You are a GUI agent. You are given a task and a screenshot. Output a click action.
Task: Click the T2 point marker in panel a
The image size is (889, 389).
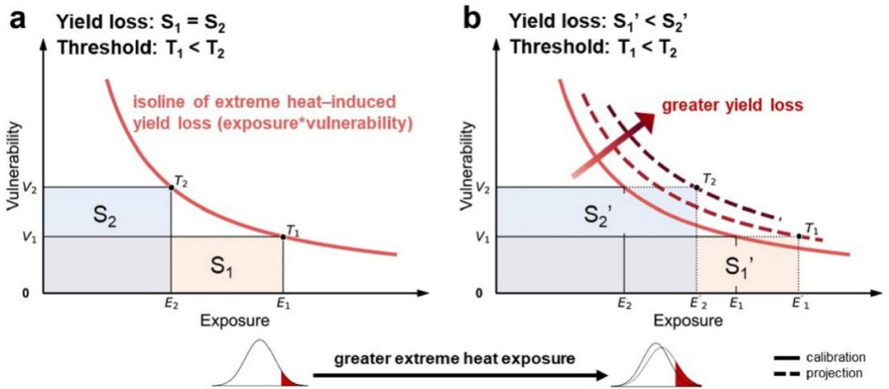coord(171,187)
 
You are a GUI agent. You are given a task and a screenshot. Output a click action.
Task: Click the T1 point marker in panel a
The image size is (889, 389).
coord(283,237)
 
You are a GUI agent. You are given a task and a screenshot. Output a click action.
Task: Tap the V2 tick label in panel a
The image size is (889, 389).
coord(29,187)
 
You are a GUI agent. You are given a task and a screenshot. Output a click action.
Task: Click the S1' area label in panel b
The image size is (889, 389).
coord(742,265)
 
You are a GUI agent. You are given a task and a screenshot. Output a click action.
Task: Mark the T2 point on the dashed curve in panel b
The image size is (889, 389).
coord(697,187)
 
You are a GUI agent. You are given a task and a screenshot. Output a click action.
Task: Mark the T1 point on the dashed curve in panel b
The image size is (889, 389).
coord(799,237)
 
